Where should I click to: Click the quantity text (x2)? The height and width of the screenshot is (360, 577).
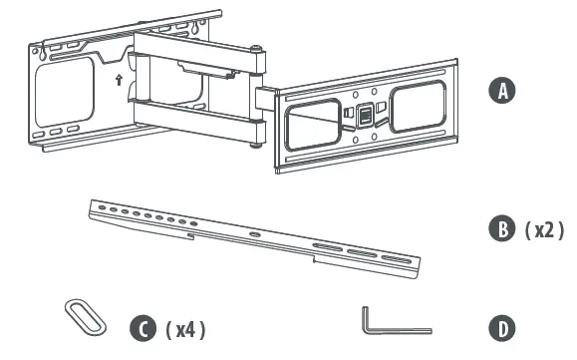(546, 230)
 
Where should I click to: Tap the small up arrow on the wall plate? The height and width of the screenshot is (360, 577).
(120, 80)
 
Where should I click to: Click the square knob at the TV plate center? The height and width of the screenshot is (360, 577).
(366, 115)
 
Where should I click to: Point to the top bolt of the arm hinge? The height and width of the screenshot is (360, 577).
(258, 49)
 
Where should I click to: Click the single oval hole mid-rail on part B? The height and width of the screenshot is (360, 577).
(256, 234)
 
